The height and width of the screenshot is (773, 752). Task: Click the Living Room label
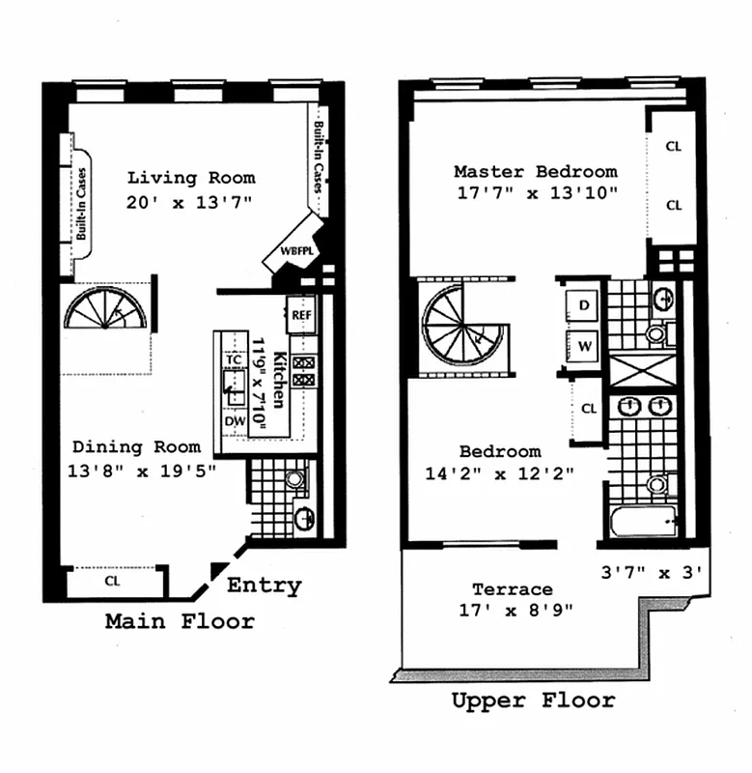191,178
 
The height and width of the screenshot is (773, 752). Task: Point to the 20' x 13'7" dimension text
189,203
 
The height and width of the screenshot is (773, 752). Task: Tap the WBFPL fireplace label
293,250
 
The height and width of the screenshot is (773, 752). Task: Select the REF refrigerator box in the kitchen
302,315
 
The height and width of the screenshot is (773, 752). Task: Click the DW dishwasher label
233,421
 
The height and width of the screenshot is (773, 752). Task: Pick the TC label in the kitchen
233,359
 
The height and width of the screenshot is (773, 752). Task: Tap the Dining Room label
137,446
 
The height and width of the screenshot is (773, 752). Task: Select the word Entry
264,586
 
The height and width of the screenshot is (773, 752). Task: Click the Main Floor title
180,621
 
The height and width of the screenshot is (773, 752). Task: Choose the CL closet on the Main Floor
112,582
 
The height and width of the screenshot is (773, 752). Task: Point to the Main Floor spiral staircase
106,309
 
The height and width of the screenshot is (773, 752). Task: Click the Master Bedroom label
535,172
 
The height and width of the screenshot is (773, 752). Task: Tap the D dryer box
584,305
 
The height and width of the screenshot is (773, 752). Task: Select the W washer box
584,342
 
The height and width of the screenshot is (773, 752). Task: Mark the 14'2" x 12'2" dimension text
499,473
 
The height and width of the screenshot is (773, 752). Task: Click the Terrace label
512,589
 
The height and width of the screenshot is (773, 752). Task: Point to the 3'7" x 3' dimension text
655,572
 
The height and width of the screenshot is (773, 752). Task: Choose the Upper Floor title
532,701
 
